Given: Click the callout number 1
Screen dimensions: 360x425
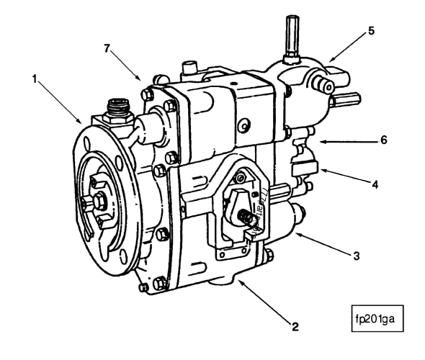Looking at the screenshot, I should coord(34,77).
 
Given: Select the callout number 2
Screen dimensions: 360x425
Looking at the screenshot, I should coord(295,326).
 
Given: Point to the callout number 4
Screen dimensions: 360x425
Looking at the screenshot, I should coord(375,184).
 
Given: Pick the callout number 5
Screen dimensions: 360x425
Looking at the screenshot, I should coord(372,31).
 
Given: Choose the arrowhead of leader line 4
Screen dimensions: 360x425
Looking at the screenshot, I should coord(321,169).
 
